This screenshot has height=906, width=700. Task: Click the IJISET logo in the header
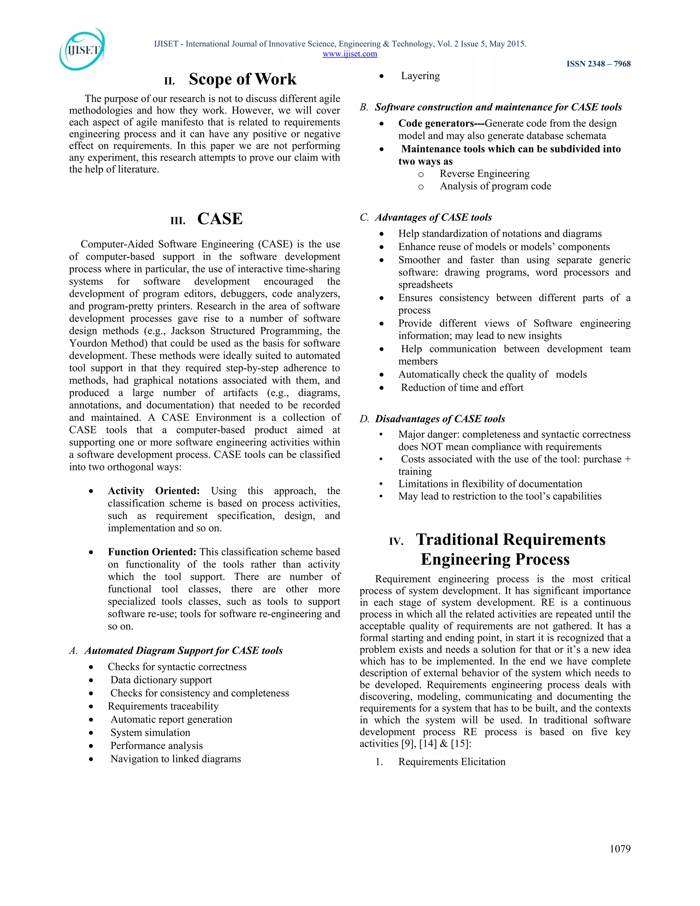[82, 49]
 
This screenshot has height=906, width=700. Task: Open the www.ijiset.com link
[350, 54]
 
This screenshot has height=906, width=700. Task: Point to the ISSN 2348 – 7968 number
[598, 64]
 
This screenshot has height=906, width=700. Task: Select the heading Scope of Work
[243, 79]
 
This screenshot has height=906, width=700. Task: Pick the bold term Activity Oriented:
[153, 491]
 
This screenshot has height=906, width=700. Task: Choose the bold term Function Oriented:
[152, 552]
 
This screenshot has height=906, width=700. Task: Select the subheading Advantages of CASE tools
[433, 217]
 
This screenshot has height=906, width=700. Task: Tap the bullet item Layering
[420, 76]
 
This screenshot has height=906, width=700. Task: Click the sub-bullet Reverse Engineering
[484, 173]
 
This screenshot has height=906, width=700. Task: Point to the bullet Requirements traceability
[163, 706]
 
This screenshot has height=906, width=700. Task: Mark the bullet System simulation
[150, 732]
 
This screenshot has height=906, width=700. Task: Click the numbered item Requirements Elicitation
[452, 762]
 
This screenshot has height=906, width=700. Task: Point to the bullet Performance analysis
[156, 745]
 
